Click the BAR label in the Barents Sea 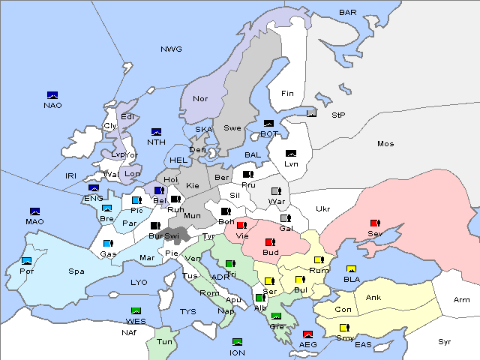(x=348, y=12)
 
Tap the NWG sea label (x=171, y=49)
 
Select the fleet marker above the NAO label (x=52, y=95)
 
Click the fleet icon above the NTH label (x=157, y=132)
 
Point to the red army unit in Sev (x=375, y=223)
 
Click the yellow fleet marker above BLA (x=351, y=269)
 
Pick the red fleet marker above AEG (x=307, y=334)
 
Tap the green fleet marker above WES (x=136, y=311)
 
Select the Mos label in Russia (x=385, y=143)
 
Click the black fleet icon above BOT (x=268, y=124)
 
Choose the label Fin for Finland (x=287, y=94)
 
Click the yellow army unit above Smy (x=344, y=328)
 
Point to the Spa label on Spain (x=76, y=271)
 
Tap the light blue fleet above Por (x=27, y=261)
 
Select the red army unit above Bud (x=269, y=242)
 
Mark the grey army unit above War (x=276, y=191)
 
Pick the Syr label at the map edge (x=445, y=341)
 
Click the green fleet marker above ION (x=238, y=342)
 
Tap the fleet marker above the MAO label (x=34, y=211)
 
